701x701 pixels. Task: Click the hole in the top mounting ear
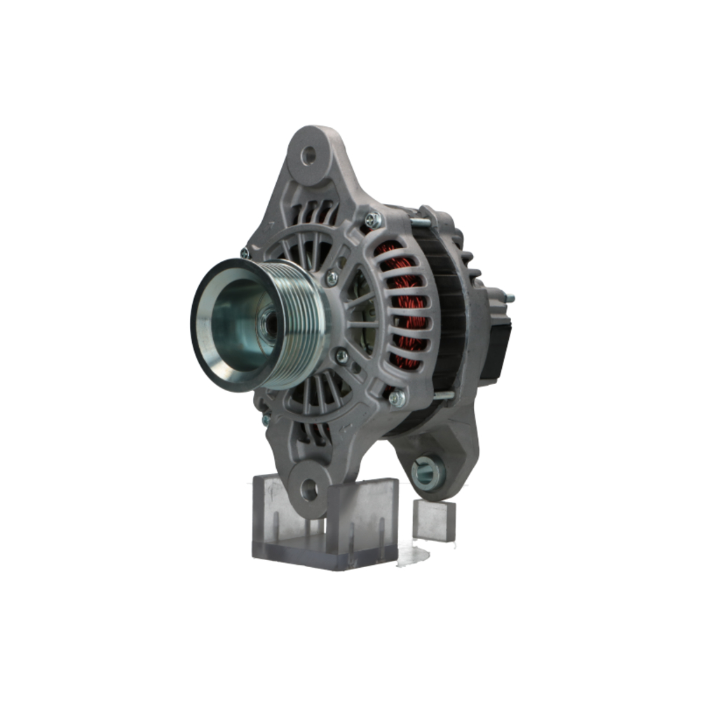pos(308,156)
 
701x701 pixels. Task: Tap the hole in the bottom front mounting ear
pos(309,489)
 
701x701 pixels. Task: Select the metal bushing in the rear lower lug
pos(426,473)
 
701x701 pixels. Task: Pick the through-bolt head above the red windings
pos(373,219)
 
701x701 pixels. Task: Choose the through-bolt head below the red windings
pos(396,398)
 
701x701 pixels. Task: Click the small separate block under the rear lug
pos(434,520)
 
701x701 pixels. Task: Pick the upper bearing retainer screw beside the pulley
pos(332,278)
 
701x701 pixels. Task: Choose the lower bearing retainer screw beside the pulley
pos(341,356)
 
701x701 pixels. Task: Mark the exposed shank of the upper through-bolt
pos(419,224)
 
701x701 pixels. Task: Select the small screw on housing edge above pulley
pos(244,252)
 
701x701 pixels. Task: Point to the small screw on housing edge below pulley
pos(266,420)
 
